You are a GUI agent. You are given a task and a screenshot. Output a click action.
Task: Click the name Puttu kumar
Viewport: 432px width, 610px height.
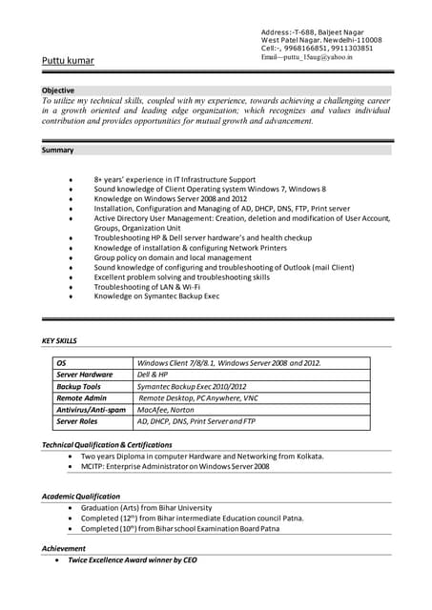tap(68, 61)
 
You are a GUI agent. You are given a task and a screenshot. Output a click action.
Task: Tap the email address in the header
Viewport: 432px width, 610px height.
tap(306, 57)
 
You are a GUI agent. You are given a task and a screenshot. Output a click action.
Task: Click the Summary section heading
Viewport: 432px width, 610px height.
tap(57, 151)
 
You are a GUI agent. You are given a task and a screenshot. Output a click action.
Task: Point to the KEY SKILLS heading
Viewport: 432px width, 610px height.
tap(60, 340)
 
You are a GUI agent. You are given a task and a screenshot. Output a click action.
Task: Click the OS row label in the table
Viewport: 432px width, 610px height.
tap(61, 363)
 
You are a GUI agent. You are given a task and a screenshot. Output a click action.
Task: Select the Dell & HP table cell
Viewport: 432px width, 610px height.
tap(153, 375)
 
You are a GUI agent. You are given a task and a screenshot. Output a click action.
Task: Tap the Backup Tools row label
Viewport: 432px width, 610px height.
tap(78, 386)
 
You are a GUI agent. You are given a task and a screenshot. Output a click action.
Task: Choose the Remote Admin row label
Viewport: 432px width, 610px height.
tap(81, 397)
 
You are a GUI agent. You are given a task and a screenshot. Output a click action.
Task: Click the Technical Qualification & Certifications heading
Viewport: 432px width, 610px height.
tap(107, 445)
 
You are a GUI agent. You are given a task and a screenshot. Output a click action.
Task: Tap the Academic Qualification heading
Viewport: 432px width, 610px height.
tap(81, 497)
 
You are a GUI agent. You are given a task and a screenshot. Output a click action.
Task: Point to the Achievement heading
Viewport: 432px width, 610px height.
tap(64, 549)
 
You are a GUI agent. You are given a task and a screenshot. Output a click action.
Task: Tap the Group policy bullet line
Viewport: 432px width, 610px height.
tap(173, 257)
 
